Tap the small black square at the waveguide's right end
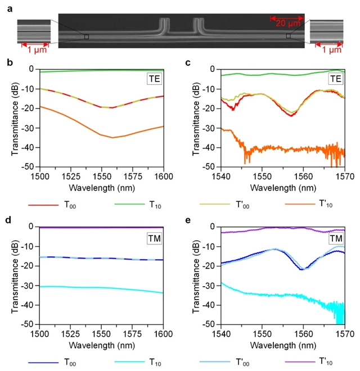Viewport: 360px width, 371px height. (x=288, y=36)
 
